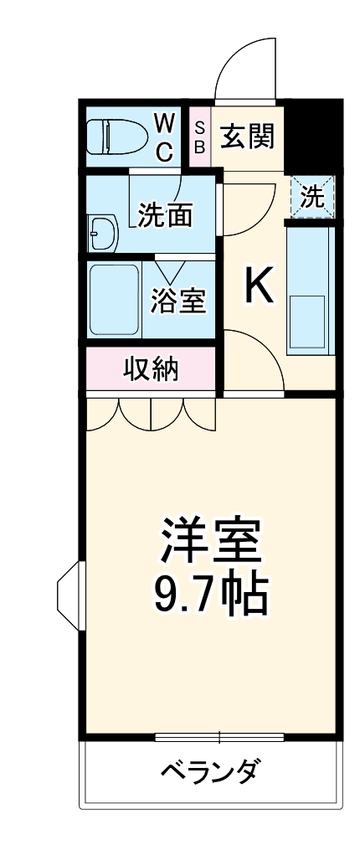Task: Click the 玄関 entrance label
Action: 247,137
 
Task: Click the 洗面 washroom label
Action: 165,215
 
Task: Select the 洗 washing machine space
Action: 312,198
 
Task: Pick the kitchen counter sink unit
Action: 310,289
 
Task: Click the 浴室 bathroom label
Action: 177,300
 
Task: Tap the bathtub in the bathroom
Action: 115,299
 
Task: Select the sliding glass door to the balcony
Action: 219,738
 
